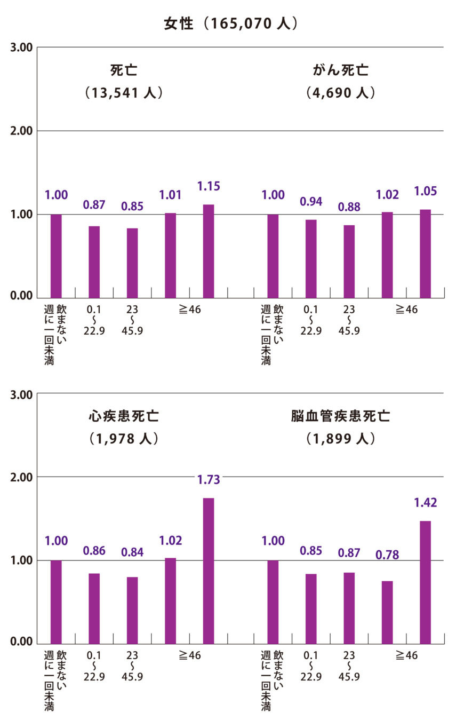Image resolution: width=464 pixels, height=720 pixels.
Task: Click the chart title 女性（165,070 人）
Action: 231,24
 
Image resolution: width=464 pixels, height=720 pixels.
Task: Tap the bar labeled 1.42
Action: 425,582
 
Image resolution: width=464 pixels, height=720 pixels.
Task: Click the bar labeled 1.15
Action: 209,251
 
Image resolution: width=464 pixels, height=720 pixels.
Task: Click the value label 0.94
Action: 311,201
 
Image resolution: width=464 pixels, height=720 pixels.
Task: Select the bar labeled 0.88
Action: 349,261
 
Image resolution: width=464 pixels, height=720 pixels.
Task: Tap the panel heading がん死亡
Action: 341,70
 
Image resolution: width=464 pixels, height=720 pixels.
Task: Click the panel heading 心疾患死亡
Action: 124,416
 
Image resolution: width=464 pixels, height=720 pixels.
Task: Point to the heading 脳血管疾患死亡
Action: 341,416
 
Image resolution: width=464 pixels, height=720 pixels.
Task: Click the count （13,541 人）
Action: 124,93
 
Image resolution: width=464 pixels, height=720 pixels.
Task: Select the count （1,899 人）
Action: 341,439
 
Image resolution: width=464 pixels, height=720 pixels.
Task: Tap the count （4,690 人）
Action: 341,93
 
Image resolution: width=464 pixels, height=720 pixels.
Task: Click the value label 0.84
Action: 132,552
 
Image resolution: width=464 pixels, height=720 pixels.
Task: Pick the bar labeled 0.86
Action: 94,608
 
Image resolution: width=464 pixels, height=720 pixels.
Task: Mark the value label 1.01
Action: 171,195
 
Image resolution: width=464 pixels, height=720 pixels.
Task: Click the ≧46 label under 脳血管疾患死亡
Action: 406,655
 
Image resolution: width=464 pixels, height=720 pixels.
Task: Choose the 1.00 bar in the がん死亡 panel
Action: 273,256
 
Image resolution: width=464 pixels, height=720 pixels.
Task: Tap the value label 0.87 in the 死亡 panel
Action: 94,204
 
